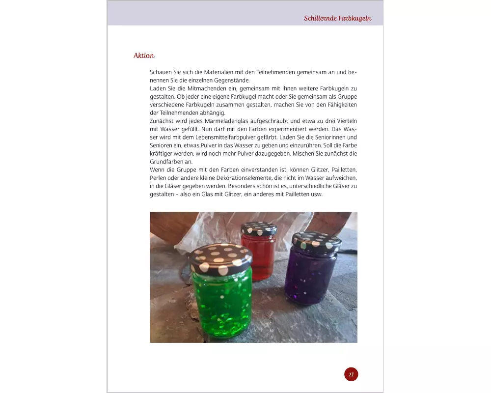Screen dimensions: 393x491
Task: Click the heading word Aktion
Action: click(144, 56)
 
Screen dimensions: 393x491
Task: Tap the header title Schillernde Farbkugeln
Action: click(337, 19)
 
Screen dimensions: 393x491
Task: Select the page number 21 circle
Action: click(351, 374)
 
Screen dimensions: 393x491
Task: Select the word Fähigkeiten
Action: click(340, 105)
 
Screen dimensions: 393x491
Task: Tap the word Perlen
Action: click(158, 177)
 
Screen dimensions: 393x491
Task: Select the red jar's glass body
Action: click(258, 253)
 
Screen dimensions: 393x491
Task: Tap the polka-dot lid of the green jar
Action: click(220, 258)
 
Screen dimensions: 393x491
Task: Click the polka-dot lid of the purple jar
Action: click(317, 242)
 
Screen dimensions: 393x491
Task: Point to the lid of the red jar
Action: click(259, 228)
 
